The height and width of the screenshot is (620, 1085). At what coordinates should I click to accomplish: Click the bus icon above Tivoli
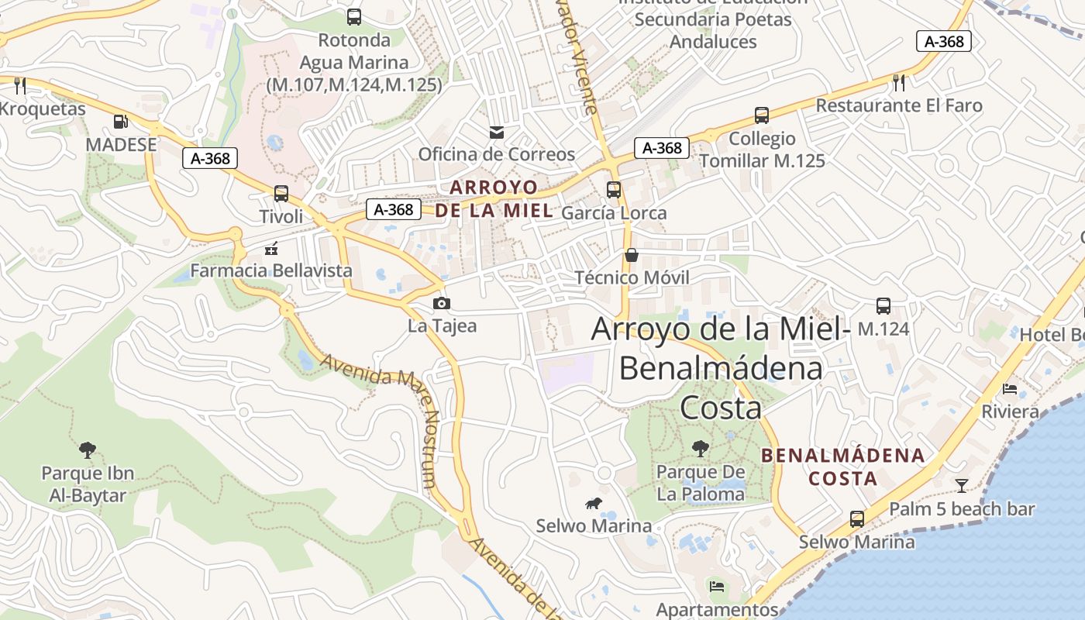281,194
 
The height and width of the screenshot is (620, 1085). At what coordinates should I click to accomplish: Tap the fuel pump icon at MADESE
121,122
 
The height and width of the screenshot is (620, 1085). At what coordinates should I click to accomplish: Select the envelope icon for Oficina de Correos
497,133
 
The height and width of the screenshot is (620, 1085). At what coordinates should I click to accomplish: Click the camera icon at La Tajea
442,303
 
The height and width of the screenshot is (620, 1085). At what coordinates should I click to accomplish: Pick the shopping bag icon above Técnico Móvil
632,255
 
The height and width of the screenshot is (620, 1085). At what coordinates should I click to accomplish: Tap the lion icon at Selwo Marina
594,504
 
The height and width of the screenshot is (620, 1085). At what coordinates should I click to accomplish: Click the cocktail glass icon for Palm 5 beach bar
962,486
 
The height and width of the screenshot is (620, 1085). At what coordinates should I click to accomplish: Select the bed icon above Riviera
1010,388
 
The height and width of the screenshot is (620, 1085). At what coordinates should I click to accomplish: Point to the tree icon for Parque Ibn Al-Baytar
88,449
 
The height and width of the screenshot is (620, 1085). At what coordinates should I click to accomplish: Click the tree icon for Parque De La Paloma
700,448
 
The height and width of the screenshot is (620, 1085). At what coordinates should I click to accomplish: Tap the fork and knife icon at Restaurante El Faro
899,83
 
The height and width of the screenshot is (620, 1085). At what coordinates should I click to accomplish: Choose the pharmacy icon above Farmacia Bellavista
271,249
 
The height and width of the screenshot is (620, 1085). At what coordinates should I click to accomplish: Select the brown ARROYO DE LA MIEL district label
494,198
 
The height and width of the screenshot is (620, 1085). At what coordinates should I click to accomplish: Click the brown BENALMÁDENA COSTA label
843,467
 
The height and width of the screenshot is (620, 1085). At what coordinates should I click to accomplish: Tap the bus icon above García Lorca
614,190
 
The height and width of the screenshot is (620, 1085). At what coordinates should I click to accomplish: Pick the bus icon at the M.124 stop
883,306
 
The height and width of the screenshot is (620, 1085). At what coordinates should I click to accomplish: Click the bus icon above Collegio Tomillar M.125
762,116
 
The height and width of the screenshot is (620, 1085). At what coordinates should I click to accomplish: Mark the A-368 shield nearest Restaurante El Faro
943,41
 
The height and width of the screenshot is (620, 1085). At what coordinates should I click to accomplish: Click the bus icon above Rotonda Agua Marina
354,17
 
